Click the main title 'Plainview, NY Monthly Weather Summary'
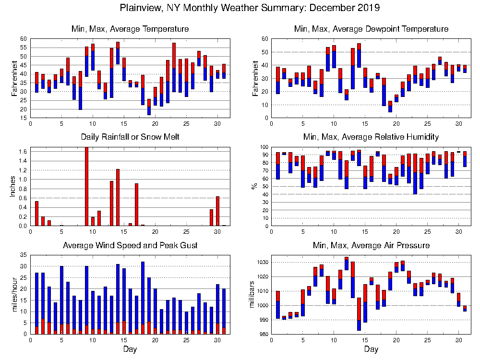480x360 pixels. [x=249, y=8]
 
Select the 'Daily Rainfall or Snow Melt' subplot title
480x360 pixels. [x=130, y=137]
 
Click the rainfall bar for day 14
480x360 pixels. [x=118, y=197]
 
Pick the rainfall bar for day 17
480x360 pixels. [x=136, y=204]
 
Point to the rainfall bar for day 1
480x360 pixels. [x=36, y=213]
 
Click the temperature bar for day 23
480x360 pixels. [x=174, y=67]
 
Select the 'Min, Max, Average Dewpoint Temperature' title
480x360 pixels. [x=371, y=29]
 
